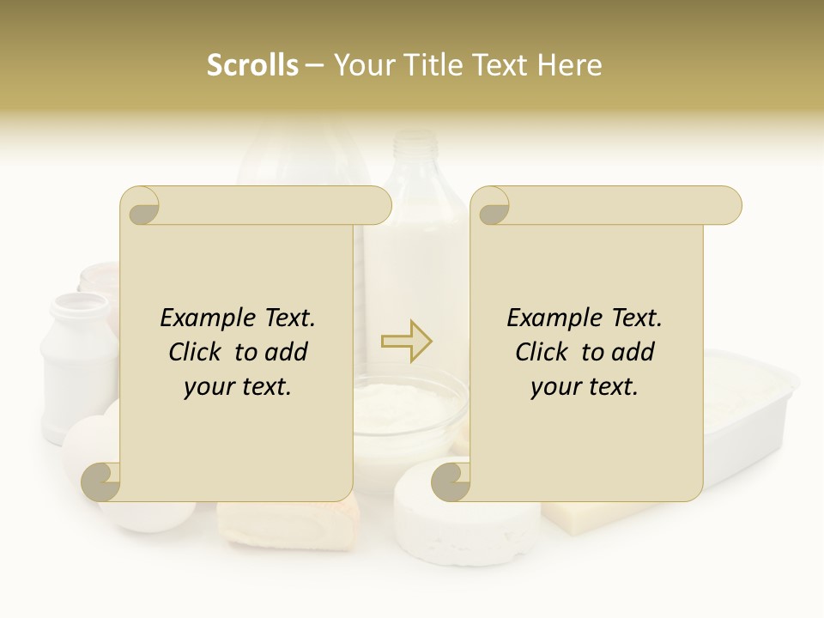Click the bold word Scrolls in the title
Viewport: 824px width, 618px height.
(253, 65)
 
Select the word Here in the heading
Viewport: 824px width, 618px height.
(569, 65)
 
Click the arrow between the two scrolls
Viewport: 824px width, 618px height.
(406, 342)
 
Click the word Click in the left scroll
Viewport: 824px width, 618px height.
(197, 352)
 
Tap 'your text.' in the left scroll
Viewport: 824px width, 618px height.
(238, 386)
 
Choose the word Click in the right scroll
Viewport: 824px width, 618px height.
(543, 352)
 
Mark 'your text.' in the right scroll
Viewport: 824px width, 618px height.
(585, 386)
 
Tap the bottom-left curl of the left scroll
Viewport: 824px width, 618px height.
(101, 481)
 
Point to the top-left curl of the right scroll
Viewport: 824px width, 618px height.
(491, 207)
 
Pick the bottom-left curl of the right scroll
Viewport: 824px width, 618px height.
(450, 481)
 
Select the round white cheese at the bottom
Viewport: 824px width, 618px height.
(468, 515)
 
